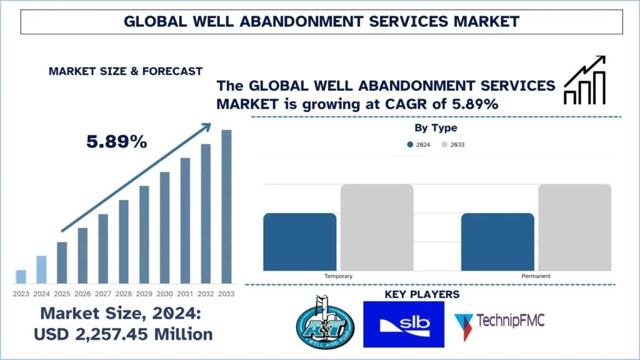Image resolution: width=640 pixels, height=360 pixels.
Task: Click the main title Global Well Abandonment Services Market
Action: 321,21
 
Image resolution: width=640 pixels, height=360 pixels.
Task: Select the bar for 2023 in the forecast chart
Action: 21,276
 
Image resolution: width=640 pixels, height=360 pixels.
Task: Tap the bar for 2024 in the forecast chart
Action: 41,269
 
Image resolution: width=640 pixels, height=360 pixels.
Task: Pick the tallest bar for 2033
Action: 226,206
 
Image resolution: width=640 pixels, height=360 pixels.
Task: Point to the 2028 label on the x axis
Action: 124,294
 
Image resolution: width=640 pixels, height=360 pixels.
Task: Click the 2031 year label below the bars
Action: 185,294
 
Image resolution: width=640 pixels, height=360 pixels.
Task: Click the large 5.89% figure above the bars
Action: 117,142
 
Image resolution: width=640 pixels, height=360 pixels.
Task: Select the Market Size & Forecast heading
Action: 125,71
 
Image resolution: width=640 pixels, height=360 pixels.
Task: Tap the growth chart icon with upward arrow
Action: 585,80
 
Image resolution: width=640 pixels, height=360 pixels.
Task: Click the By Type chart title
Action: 436,128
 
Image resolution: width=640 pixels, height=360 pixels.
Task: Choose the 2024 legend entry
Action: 419,144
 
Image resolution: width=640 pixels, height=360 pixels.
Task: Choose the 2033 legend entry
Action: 454,144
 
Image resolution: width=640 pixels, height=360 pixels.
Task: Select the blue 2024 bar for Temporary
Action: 300,242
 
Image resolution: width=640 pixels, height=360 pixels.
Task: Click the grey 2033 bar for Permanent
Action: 574,227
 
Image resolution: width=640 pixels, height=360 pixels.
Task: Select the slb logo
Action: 403,324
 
